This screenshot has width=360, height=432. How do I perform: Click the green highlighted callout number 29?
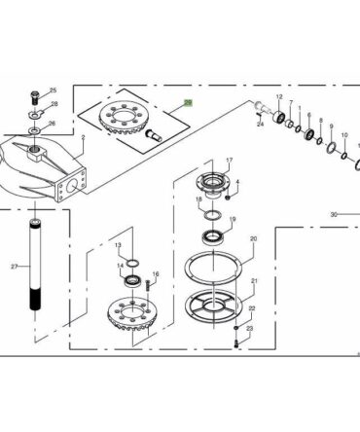pyautogui.click(x=188, y=103)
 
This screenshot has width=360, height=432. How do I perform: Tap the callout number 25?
pyautogui.click(x=53, y=90)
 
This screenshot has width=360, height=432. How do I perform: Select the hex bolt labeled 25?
pyautogui.click(x=34, y=97)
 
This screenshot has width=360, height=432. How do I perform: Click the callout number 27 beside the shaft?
pyautogui.click(x=14, y=267)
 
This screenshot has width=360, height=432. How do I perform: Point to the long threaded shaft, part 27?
pyautogui.click(x=35, y=265)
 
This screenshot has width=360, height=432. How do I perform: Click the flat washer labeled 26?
pyautogui.click(x=34, y=130)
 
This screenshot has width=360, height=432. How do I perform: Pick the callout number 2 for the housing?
pyautogui.click(x=83, y=138)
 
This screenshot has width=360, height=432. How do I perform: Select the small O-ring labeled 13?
pyautogui.click(x=132, y=263)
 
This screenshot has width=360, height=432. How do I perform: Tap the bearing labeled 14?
pyautogui.click(x=132, y=280)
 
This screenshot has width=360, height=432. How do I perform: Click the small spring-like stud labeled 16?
pyautogui.click(x=149, y=285)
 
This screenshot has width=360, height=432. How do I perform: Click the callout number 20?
pyautogui.click(x=253, y=238)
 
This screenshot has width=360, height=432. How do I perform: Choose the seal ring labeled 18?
pyautogui.click(x=212, y=215)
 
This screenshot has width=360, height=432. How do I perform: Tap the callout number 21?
pyautogui.click(x=254, y=280)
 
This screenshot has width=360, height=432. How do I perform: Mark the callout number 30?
pyautogui.click(x=334, y=214)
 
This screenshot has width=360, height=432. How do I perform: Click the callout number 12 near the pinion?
pyautogui.click(x=279, y=96)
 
